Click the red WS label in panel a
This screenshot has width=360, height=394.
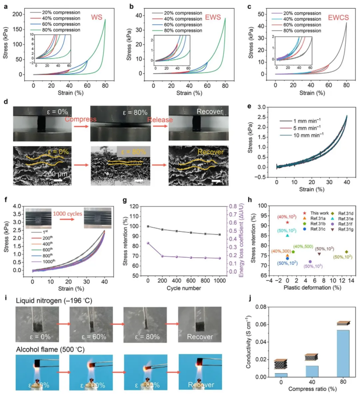96,18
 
